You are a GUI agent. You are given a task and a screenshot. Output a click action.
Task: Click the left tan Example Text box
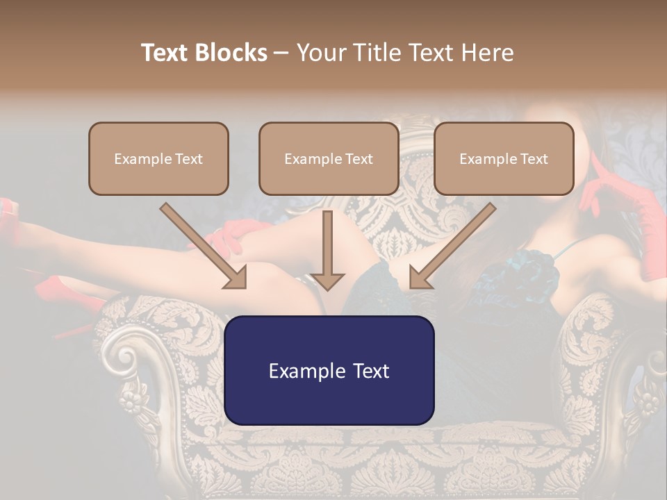[158, 158]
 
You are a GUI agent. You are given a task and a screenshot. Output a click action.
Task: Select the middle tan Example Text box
[329, 158]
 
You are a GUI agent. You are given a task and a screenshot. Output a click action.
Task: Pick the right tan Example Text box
[504, 158]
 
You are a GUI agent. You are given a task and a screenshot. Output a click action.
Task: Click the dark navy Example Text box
[329, 370]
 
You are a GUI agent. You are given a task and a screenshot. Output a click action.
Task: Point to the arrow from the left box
[203, 246]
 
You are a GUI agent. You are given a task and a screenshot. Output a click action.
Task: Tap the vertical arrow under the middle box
[327, 250]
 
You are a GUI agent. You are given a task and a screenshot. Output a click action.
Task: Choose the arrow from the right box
[452, 246]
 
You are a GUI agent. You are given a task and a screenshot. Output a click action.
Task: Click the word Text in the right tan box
[534, 159]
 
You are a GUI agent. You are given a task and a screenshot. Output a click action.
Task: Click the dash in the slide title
[281, 53]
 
